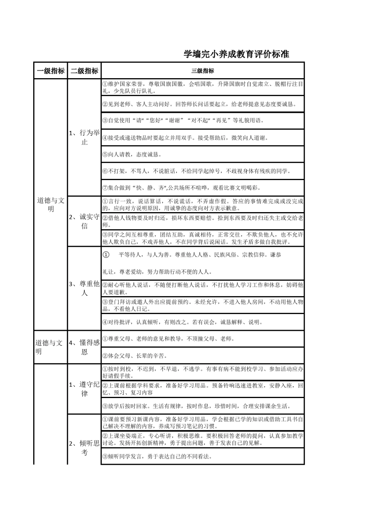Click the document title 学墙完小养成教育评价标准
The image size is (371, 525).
236,54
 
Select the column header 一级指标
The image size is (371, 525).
50,71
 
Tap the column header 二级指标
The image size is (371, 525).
84,71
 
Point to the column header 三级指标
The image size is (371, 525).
202,71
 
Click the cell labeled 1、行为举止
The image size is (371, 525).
84,137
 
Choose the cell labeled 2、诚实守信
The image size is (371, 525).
84,221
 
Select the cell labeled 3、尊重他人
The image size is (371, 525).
84,288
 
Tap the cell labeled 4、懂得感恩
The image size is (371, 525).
84,347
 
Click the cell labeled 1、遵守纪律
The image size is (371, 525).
84,389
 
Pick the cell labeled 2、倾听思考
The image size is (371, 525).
84,448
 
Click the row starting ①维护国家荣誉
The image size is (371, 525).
202,87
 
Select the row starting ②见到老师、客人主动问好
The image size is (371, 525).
202,104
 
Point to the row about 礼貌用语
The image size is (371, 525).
202,120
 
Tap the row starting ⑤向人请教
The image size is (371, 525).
202,154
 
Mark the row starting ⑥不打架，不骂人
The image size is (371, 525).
202,171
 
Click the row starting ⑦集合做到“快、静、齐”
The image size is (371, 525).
202,188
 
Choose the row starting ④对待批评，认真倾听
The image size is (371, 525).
202,322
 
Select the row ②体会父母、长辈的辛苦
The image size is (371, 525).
202,355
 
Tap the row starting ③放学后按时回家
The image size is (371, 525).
202,406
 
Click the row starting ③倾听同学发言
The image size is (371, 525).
202,456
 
